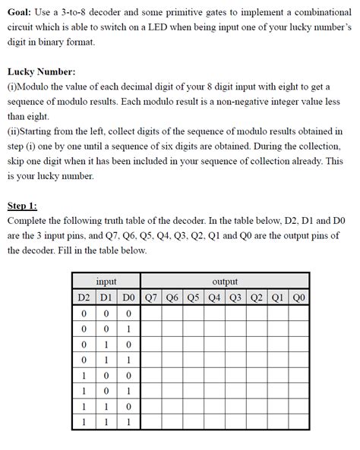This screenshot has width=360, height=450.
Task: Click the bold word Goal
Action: [x=19, y=12]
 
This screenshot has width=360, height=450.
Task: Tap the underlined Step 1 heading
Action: [x=22, y=205]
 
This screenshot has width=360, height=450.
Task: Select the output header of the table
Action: [x=225, y=282]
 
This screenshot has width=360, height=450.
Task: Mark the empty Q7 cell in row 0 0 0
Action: [x=150, y=312]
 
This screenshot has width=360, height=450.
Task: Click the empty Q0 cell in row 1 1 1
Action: [x=299, y=422]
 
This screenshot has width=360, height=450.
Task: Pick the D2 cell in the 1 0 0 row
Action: [x=84, y=375]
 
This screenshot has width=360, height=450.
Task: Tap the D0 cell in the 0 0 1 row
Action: [x=128, y=328]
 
